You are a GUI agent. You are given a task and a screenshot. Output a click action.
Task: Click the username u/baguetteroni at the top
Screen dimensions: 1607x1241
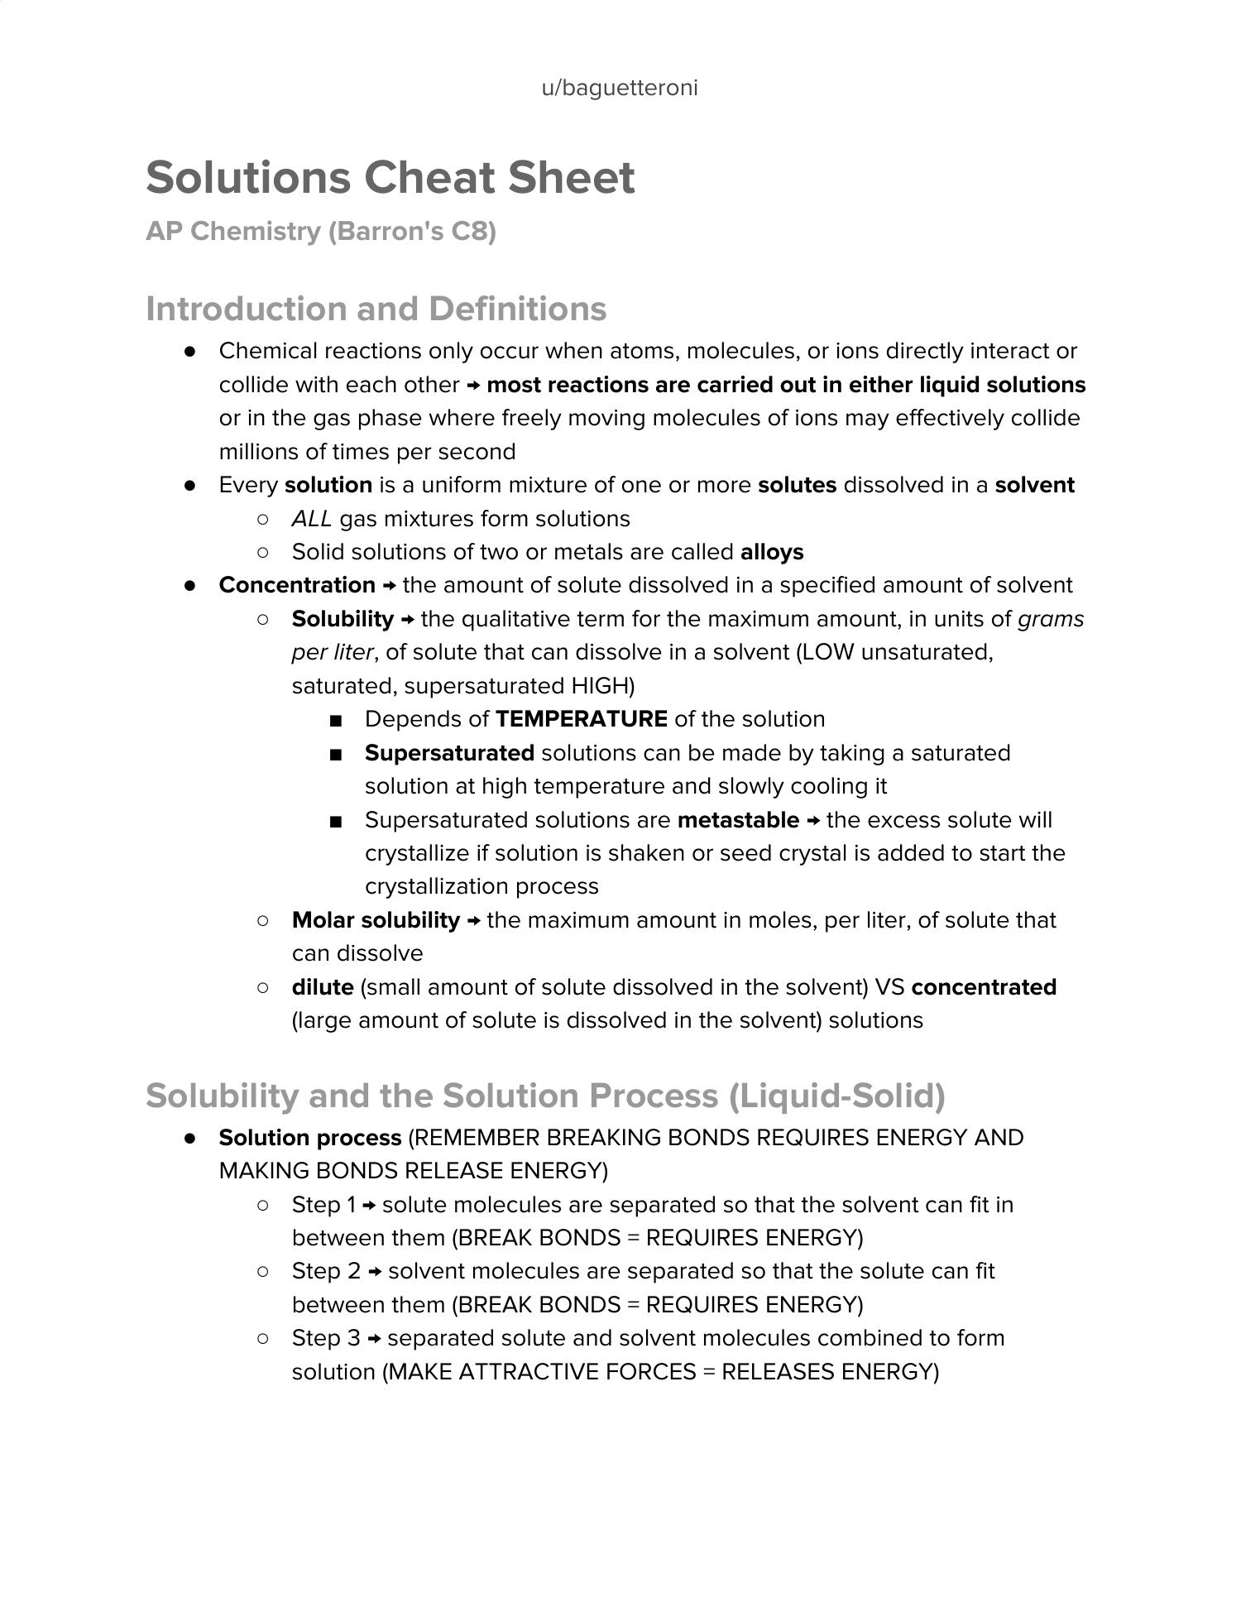tap(620, 88)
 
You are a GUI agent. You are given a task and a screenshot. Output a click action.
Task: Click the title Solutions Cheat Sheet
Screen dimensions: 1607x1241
tap(391, 178)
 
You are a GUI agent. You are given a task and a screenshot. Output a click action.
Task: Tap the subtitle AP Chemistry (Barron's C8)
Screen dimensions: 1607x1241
tap(321, 231)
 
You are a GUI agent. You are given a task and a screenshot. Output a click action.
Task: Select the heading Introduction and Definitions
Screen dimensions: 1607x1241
tap(376, 309)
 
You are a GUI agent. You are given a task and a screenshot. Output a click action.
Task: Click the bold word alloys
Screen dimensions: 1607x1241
tap(772, 552)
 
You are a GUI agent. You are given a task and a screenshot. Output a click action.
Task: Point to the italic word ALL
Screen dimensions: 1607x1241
tap(312, 519)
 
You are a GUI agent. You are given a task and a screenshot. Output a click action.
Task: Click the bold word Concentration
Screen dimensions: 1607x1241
tap(297, 585)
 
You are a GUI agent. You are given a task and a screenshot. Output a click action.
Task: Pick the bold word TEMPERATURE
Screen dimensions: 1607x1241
tap(582, 719)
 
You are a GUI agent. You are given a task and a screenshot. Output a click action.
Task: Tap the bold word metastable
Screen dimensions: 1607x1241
tap(738, 820)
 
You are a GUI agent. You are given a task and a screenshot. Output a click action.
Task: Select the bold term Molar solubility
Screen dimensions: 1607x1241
tap(376, 920)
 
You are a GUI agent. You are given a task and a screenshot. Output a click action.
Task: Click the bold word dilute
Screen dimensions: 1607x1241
tap(323, 987)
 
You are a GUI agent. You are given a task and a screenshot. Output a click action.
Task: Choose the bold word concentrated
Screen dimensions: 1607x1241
tap(984, 987)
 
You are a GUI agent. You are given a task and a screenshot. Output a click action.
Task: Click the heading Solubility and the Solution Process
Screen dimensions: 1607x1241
tap(545, 1096)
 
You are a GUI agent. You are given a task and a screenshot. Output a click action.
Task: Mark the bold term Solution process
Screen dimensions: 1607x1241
tap(310, 1138)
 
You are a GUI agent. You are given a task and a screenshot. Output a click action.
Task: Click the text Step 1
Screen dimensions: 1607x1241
tap(323, 1205)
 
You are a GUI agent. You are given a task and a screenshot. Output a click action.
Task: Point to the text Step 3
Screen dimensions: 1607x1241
tap(326, 1338)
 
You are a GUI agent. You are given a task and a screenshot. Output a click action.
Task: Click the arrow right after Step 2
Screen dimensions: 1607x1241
tap(375, 1272)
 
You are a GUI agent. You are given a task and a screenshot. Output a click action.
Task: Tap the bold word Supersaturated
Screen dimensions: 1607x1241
tap(449, 753)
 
